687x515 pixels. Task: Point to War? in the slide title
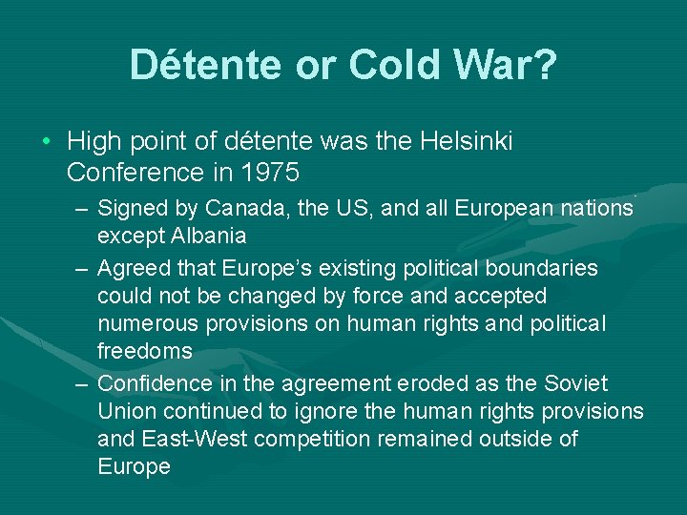[510, 65]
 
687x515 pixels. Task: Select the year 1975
[272, 173]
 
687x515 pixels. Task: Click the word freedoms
[144, 351]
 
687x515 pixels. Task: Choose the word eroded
[443, 382]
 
